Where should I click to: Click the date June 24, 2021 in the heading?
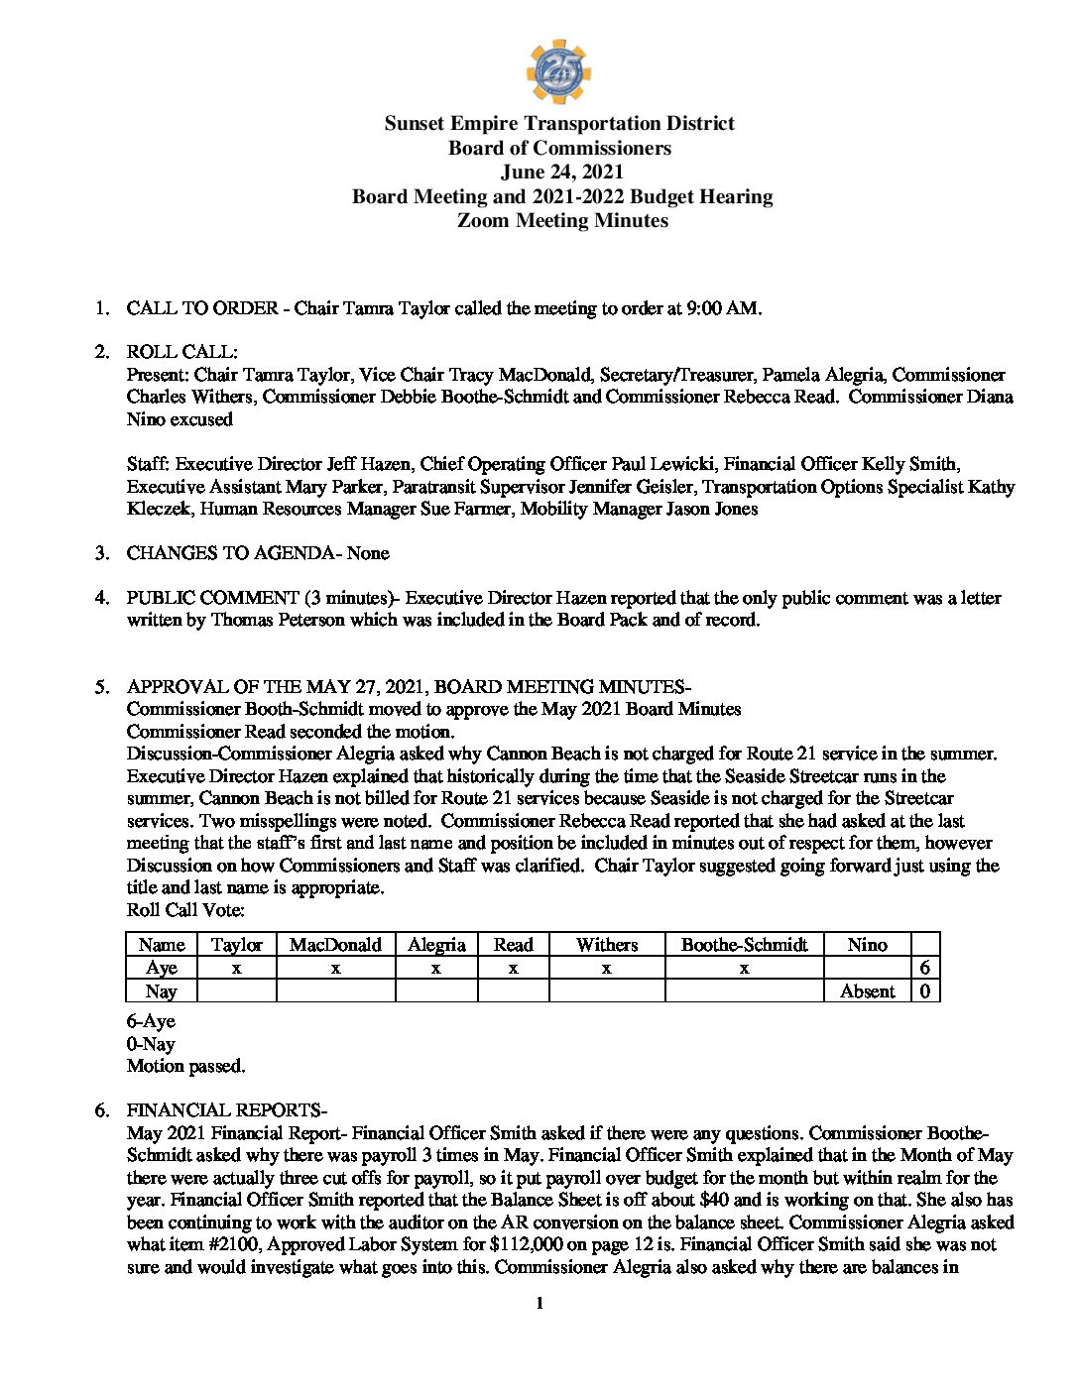tap(561, 173)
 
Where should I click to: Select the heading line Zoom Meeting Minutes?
tap(562, 221)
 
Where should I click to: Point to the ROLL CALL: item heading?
tap(181, 352)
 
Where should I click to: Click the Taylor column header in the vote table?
tap(236, 945)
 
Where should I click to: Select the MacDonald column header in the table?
tap(335, 945)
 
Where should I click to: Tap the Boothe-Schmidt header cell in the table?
tap(744, 945)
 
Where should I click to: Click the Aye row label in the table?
tap(161, 968)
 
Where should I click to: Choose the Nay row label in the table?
tap(161, 991)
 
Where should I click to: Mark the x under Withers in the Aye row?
tap(606, 968)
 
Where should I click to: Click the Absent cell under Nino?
tap(867, 991)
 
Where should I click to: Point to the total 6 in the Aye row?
tap(924, 968)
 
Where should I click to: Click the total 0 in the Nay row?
tap(924, 991)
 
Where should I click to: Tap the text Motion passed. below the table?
tap(185, 1067)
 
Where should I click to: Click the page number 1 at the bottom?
tap(539, 1304)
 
